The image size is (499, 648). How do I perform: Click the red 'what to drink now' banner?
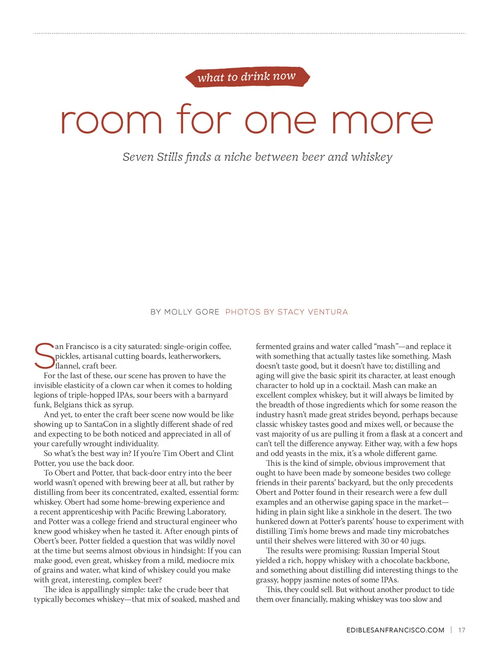[247, 77]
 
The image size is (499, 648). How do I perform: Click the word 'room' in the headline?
[111, 120]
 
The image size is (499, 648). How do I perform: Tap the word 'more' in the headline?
[382, 120]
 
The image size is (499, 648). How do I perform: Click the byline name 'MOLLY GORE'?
[192, 312]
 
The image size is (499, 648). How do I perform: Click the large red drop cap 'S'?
[44, 356]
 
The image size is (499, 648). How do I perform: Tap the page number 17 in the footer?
[461, 630]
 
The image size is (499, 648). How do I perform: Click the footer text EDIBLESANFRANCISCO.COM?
[395, 630]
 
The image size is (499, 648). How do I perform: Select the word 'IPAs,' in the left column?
[124, 395]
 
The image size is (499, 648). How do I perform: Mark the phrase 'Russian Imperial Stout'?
[401, 551]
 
